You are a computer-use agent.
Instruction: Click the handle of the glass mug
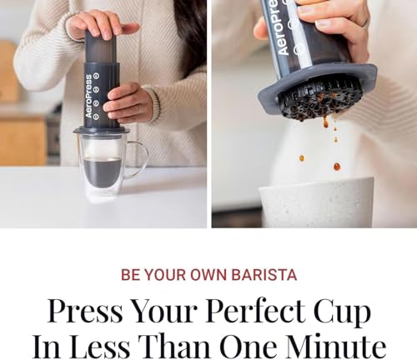click(138, 158)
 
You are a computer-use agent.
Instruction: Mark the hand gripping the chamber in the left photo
click(129, 102)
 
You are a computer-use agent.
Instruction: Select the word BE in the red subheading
click(130, 274)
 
